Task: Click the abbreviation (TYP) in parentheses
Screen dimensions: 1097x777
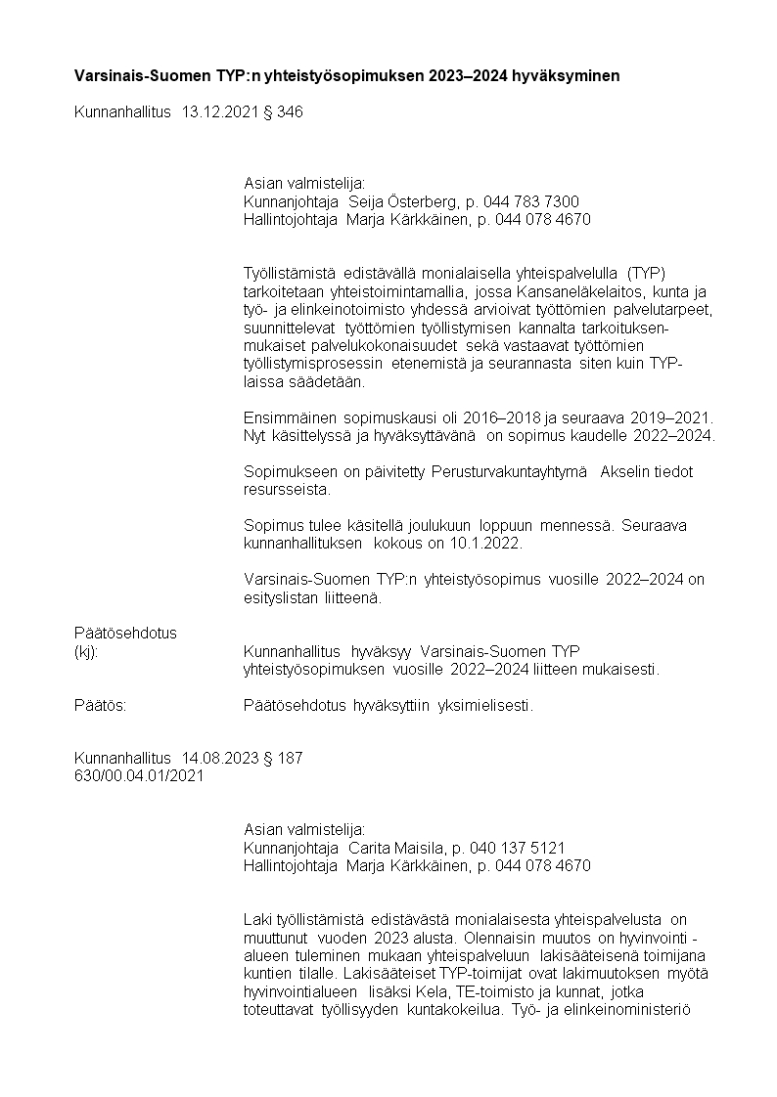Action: [x=647, y=272]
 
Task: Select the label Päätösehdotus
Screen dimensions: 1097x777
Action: [x=125, y=633]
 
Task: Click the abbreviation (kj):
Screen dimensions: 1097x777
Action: [x=87, y=651]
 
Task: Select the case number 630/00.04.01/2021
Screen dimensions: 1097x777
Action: [x=139, y=776]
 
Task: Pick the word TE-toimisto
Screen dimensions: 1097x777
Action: [x=469, y=992]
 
